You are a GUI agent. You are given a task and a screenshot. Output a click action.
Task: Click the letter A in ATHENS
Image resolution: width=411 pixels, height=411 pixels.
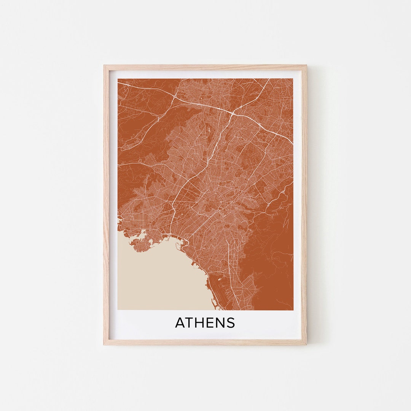[x=180, y=323]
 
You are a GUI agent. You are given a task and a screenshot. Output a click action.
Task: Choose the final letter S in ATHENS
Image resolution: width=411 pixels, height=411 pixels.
[x=231, y=323]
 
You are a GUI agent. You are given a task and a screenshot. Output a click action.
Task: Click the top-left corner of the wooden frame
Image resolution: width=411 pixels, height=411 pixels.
[x=104, y=65]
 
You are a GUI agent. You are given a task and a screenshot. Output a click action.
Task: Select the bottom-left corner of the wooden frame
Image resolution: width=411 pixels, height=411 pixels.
[x=104, y=344]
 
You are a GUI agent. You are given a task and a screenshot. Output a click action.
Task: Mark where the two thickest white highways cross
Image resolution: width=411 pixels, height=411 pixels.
[x=233, y=113]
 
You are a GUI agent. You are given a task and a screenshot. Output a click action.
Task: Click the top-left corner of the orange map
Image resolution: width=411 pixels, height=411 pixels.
[x=118, y=79]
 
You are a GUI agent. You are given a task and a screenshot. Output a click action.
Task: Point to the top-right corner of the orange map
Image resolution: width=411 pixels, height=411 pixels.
[x=293, y=79]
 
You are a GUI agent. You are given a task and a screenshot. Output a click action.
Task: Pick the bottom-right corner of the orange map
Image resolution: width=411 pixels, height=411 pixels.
[x=293, y=309]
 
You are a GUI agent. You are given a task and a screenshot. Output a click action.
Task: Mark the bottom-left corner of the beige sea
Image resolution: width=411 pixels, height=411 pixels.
[x=118, y=309]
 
